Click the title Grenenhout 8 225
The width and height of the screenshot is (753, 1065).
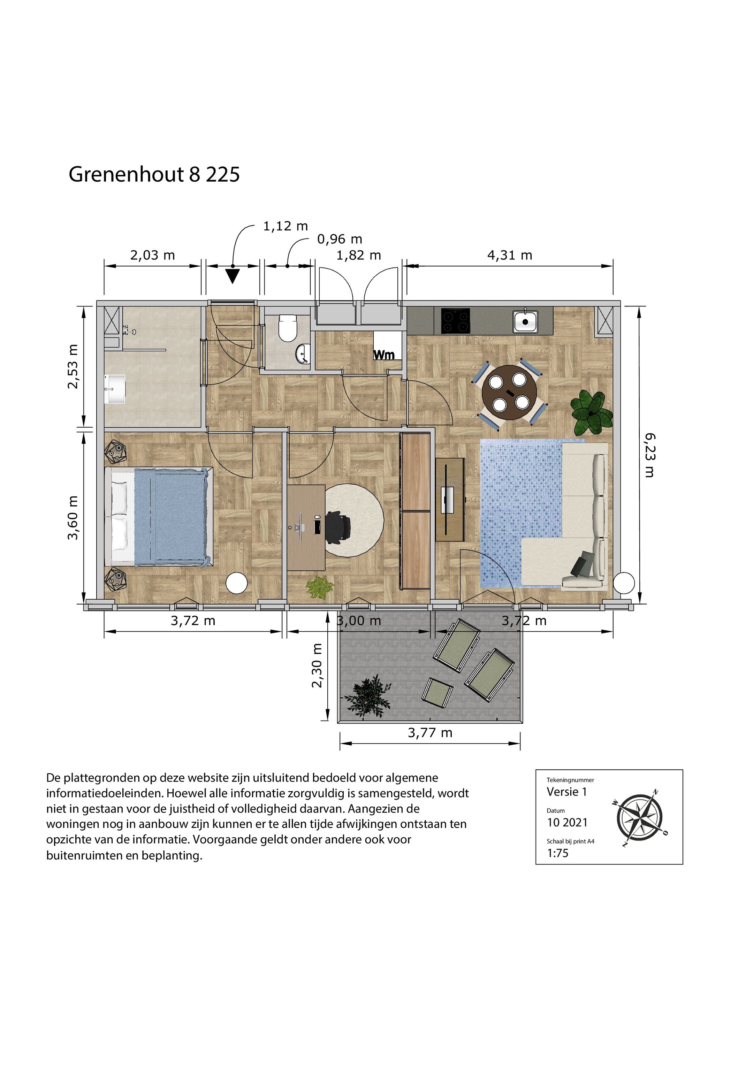[154, 174]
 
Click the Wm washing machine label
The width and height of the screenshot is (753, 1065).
[384, 355]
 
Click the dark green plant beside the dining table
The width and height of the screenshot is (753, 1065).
[591, 411]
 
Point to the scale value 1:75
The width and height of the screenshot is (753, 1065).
[558, 853]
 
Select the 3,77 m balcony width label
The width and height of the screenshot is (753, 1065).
[429, 732]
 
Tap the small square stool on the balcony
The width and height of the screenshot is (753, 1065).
[437, 692]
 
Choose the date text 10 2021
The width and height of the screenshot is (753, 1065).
[567, 822]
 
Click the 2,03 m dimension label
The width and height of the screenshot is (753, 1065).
[152, 255]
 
